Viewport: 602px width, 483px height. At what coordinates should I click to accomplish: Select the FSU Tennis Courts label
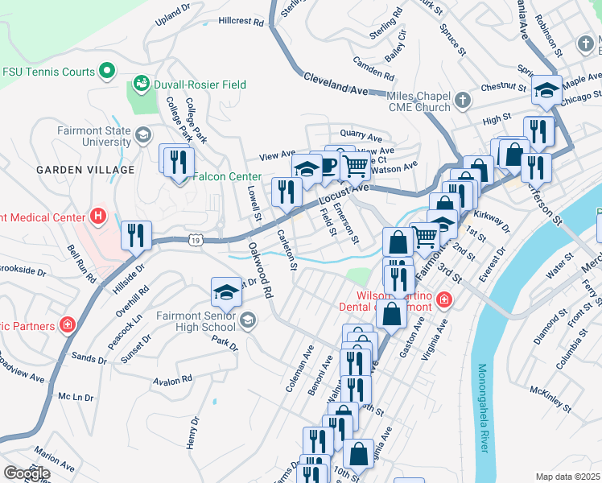[48, 72]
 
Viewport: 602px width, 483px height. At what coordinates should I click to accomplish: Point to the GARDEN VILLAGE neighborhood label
[85, 170]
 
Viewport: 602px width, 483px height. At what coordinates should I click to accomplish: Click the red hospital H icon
[98, 216]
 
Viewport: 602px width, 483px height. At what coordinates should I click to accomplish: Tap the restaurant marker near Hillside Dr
[136, 235]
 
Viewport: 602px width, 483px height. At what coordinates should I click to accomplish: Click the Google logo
[27, 473]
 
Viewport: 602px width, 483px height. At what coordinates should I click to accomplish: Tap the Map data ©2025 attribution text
[567, 477]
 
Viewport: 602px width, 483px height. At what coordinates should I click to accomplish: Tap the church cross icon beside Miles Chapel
[462, 101]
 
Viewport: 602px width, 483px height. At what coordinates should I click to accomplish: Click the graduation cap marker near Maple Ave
[546, 90]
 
